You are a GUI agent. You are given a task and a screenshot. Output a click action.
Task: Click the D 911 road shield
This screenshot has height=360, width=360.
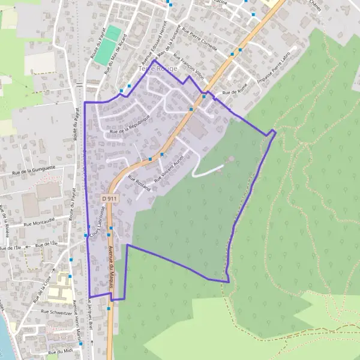click(109, 198)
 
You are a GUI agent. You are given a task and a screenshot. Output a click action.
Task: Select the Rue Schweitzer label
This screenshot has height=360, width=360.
click(56, 313)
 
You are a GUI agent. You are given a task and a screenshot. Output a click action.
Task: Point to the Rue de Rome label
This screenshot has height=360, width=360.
click(235, 92)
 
